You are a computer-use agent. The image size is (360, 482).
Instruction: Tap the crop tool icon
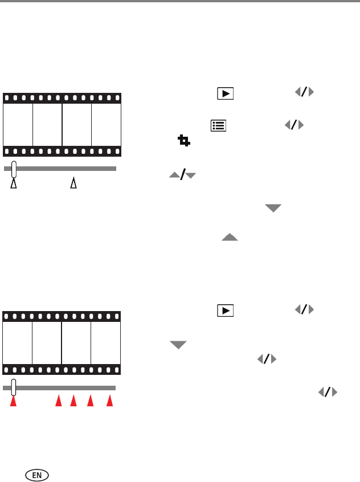pos(183,140)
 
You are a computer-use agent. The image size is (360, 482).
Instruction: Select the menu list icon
pos(218,125)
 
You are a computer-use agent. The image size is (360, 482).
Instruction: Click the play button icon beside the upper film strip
pos(226,94)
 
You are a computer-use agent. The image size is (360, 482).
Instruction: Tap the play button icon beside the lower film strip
pos(226,311)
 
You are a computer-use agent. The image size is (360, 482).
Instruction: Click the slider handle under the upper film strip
pos(14,169)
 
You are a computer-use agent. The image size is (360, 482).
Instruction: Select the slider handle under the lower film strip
pos(14,387)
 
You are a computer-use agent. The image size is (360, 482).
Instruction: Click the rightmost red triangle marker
pos(111,402)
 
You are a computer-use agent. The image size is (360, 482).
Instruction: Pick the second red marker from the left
pos(58,402)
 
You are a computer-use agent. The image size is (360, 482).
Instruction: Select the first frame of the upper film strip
pos(18,125)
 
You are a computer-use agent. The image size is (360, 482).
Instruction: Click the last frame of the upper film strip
pos(106,125)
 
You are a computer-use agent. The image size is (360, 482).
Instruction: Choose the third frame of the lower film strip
pos(76,343)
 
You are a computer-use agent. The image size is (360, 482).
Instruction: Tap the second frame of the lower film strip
pos(47,343)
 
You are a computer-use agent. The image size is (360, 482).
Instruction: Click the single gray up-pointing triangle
pos(230,237)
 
